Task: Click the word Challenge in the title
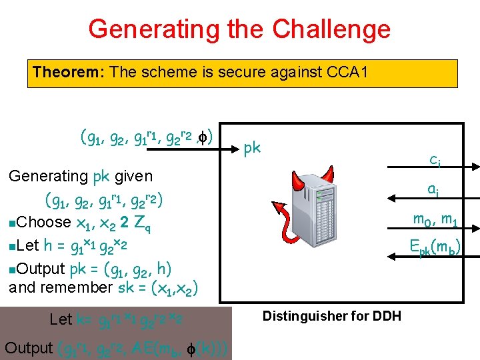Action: click(x=331, y=29)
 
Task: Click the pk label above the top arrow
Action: click(x=252, y=148)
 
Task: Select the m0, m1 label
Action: click(x=434, y=219)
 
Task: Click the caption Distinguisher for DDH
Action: click(x=332, y=316)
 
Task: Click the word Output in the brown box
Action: click(x=28, y=347)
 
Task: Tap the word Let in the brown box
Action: click(x=61, y=319)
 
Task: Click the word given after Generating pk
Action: click(x=134, y=177)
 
